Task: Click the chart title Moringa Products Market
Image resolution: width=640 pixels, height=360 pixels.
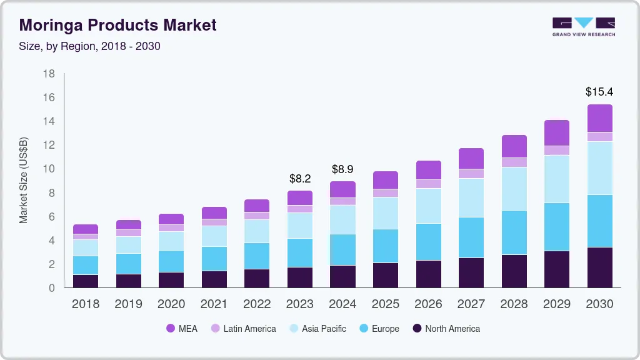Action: (118, 25)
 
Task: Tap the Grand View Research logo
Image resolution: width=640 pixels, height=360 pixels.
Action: (583, 27)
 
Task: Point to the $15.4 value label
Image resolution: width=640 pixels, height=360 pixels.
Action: (599, 91)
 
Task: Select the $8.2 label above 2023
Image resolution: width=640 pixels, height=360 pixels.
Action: (300, 178)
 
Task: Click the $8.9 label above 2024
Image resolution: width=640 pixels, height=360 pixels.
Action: (343, 169)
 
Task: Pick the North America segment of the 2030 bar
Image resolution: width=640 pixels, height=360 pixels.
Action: (599, 267)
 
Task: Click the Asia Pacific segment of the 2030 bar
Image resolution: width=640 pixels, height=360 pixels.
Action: (599, 168)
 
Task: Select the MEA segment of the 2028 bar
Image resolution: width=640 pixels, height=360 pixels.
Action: (514, 146)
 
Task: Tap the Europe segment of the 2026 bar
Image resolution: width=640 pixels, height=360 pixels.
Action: (429, 242)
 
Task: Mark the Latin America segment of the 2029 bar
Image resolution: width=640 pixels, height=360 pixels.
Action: (556, 150)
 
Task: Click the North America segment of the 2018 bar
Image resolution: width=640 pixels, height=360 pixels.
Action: (86, 281)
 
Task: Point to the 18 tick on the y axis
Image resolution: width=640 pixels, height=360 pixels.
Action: (49, 74)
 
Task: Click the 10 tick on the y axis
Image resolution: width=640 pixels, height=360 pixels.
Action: (49, 169)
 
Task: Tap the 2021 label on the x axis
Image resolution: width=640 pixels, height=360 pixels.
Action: (214, 304)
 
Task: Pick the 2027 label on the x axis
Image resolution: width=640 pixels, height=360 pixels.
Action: (471, 304)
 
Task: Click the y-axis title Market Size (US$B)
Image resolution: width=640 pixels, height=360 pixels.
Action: (24, 181)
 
